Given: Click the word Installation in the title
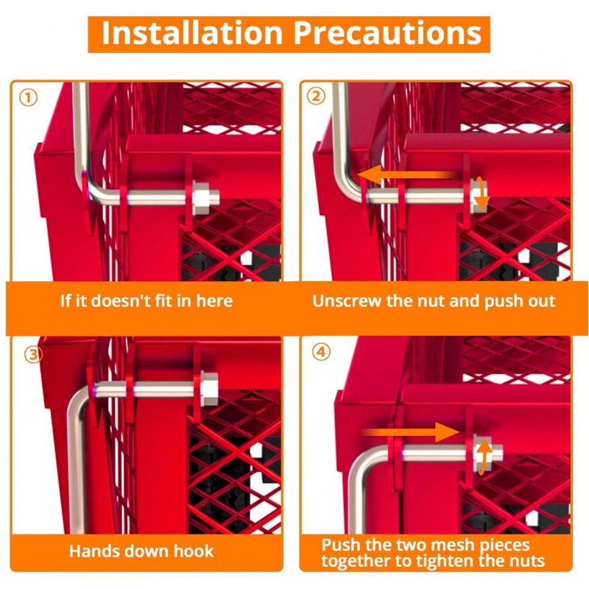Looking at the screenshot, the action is tap(192, 33).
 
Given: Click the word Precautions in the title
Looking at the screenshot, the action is tap(387, 33).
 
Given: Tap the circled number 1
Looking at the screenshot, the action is tap(28, 98).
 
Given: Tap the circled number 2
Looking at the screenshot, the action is tap(316, 96).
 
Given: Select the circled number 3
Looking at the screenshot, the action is tap(33, 354).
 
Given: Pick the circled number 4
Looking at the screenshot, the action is tap(321, 352).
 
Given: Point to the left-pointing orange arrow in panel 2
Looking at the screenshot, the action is tap(408, 175).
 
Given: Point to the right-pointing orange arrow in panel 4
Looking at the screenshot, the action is tap(410, 432).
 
